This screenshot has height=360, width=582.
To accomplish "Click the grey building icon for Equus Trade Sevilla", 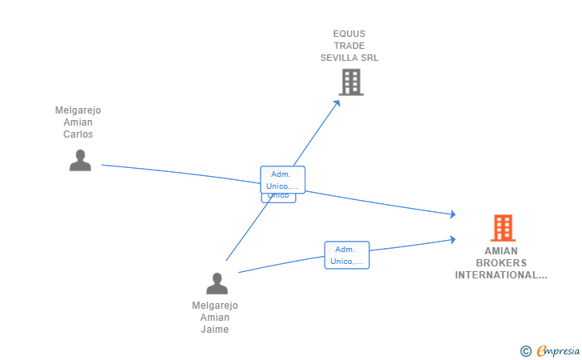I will coord(351,82).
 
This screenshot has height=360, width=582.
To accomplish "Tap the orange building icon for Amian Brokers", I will coord(503,228).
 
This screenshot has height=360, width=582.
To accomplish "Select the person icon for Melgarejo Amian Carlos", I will coord(80,161).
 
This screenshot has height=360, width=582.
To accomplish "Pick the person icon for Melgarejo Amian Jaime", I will coord(217,283).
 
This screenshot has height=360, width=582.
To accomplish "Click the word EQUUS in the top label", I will coord(349,34).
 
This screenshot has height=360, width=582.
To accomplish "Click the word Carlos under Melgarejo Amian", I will coord(78,134).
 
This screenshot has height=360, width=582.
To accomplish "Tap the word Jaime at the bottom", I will coord(215,330).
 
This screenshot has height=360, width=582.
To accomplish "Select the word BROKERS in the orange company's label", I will coord(501,263).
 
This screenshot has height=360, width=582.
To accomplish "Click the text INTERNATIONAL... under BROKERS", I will coord(501,275).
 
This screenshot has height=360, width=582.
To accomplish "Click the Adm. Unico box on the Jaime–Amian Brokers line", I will coord(347,255).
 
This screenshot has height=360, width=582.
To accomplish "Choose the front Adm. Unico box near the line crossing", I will coord(282,180).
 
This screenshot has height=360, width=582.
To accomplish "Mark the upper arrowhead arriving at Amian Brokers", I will coord(452,214).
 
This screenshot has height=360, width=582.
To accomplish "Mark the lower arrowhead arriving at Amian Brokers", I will coord(452,239).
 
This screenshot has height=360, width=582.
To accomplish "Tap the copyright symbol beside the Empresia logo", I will coord(525,350).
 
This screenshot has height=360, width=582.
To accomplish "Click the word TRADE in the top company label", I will coord(349,46).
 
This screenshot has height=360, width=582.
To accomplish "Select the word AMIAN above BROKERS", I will coord(501,251).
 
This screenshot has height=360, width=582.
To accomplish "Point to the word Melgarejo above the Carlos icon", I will coord(78,110).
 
